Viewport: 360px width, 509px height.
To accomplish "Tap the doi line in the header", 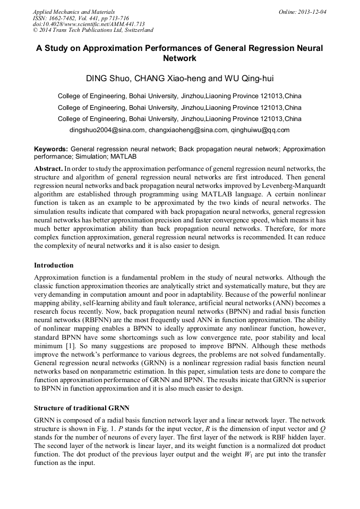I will [89, 24].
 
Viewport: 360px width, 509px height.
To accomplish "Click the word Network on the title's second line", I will [179, 58].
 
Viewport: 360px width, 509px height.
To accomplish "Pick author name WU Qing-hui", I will [248, 79].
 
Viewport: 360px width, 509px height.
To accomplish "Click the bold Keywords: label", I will [51, 150].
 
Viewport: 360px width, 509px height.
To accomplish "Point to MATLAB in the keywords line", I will [123, 157].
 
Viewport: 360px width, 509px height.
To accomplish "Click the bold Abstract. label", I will [48, 168].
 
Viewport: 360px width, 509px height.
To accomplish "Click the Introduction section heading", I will [54, 265].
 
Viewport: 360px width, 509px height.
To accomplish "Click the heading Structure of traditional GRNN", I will [81, 408].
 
